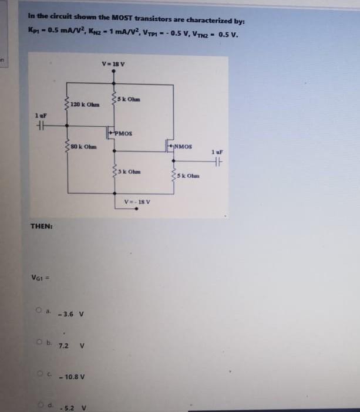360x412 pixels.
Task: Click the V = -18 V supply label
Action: click(137, 202)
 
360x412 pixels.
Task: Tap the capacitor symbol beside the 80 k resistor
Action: click(40, 128)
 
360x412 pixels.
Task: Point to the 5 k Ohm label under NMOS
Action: click(192, 175)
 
